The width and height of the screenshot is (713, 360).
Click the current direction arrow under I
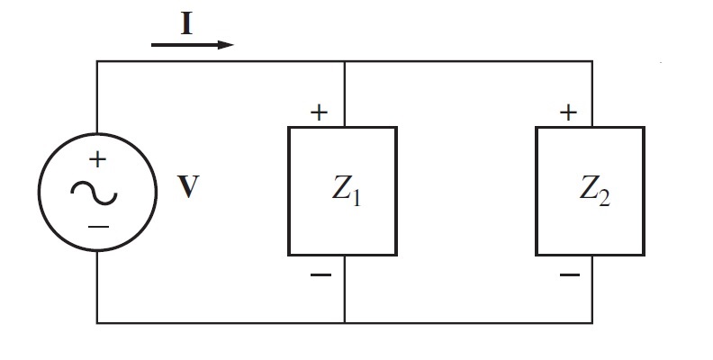[193, 44]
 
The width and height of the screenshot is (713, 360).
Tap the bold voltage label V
[187, 191]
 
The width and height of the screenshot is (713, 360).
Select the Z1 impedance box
[342, 191]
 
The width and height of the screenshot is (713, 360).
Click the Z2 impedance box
[591, 191]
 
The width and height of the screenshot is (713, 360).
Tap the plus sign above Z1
[319, 112]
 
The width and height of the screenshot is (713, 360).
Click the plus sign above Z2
[567, 112]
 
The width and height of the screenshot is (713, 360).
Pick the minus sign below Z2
[568, 274]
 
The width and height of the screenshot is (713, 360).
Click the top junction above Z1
[345, 61]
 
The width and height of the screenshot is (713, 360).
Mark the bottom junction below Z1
[345, 322]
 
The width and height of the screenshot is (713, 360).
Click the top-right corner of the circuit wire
[592, 61]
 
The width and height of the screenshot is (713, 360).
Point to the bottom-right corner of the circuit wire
[592, 322]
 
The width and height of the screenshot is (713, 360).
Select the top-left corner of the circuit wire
[97, 61]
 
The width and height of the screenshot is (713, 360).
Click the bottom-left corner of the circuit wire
[97, 322]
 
